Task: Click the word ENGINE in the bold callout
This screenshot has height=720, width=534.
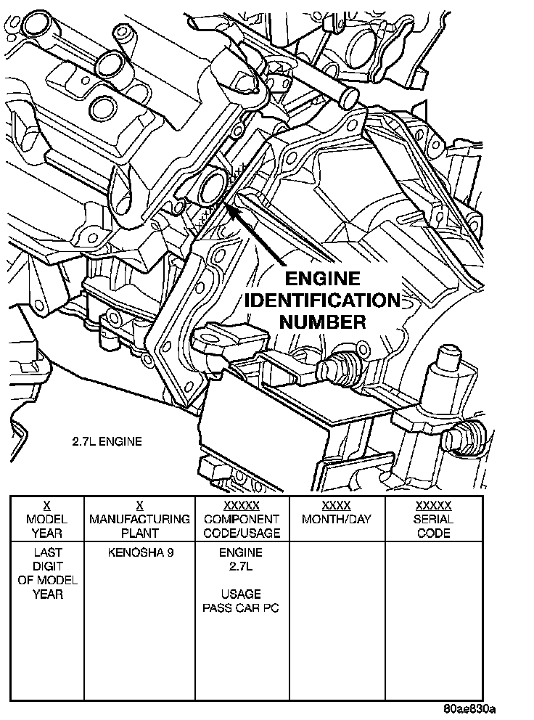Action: tap(322, 279)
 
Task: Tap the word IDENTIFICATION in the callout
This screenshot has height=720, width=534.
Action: tap(322, 300)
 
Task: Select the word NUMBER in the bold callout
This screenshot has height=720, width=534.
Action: tap(322, 322)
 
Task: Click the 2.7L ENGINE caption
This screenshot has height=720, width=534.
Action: tap(107, 441)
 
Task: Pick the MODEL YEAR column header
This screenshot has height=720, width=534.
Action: tap(47, 520)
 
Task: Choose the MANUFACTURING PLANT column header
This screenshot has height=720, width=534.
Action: tap(140, 520)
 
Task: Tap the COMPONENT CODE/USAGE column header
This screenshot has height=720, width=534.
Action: tap(242, 520)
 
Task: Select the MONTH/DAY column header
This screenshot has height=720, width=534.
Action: tap(336, 520)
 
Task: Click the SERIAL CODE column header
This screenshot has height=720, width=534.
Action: tap(433, 520)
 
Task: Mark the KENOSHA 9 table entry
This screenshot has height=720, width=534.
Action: tap(140, 552)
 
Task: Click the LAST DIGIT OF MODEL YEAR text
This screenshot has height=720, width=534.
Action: tap(47, 573)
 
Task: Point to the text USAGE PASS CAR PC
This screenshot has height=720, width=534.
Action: tap(242, 601)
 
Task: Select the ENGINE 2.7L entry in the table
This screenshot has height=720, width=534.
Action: tap(242, 559)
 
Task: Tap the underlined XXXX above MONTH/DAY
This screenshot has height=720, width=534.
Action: tap(336, 505)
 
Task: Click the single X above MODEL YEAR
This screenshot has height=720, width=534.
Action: tap(47, 505)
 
